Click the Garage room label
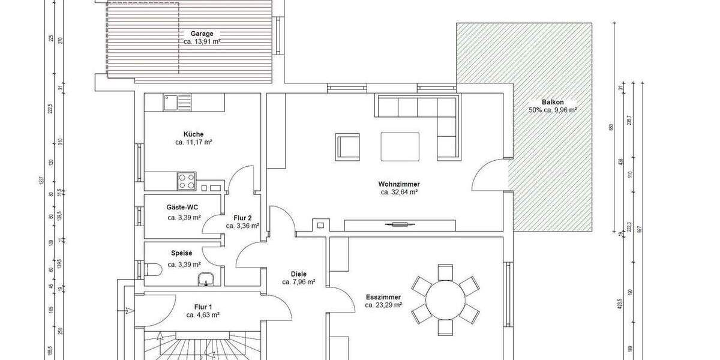(x=202, y=34)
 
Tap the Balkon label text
(x=552, y=102)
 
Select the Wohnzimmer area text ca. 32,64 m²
(x=399, y=193)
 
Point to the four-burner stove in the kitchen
(x=187, y=181)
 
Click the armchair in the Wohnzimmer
(x=347, y=147)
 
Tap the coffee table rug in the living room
(x=401, y=146)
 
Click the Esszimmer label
(x=383, y=297)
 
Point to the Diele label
(x=298, y=274)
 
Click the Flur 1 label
(x=202, y=306)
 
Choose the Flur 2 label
(x=242, y=218)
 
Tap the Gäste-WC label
(x=182, y=207)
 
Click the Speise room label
(x=182, y=253)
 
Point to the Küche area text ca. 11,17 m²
(x=194, y=143)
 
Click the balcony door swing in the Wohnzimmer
(x=489, y=174)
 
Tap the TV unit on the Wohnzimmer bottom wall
(x=399, y=225)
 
